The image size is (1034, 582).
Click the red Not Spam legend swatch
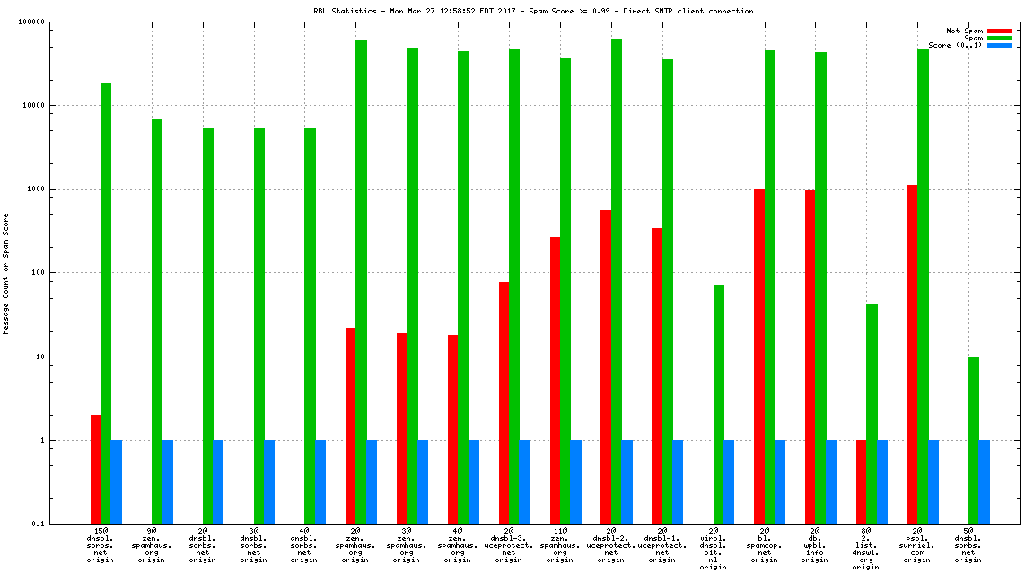pyautogui.click(x=999, y=31)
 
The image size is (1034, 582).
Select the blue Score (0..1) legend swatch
pyautogui.click(x=999, y=45)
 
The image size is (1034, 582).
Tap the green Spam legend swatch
pyautogui.click(x=999, y=38)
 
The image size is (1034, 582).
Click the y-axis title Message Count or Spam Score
pyautogui.click(x=6, y=273)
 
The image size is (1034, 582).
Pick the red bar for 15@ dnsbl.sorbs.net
pyautogui.click(x=95, y=469)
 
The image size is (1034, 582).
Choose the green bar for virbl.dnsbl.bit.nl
pyautogui.click(x=719, y=404)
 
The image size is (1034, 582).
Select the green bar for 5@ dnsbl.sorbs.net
pyautogui.click(x=974, y=440)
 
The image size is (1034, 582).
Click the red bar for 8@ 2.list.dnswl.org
pyautogui.click(x=862, y=481)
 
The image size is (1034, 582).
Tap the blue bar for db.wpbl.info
pyautogui.click(x=831, y=481)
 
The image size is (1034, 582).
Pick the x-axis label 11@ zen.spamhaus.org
pyautogui.click(x=560, y=546)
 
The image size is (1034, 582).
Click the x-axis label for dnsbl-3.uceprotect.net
pyautogui.click(x=509, y=546)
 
